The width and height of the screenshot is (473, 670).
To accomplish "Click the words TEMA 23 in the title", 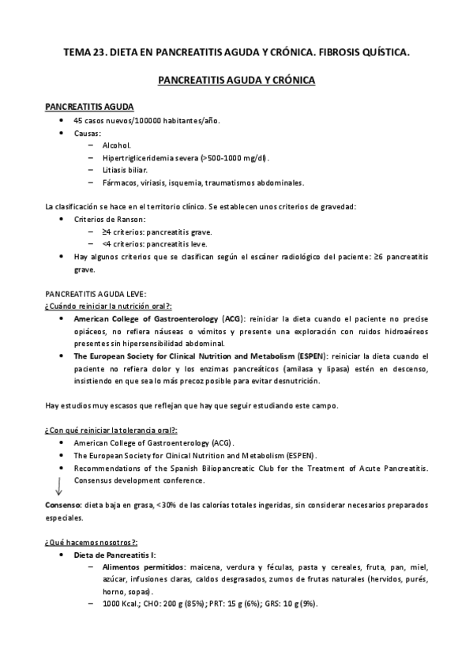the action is pyautogui.click(x=84, y=53).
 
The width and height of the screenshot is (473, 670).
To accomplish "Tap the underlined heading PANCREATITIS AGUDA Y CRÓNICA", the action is pyautogui.click(x=236, y=81).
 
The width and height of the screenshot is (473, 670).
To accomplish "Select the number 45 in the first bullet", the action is pyautogui.click(x=77, y=120).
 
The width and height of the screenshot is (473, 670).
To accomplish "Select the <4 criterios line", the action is pyautogui.click(x=155, y=244).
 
